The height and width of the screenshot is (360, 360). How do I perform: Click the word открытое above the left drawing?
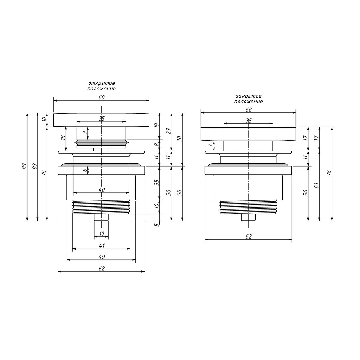coord(102,83)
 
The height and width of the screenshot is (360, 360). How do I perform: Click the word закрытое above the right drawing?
coord(248,96)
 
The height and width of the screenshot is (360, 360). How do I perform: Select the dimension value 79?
coord(45,173)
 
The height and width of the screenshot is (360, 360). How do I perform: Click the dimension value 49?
coord(102,257)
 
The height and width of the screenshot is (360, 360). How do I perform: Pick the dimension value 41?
coord(102,245)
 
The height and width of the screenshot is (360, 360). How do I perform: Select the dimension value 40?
coord(102,189)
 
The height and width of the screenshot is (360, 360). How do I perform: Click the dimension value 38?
coord(180,139)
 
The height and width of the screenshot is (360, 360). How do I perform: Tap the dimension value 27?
coord(169,131)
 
